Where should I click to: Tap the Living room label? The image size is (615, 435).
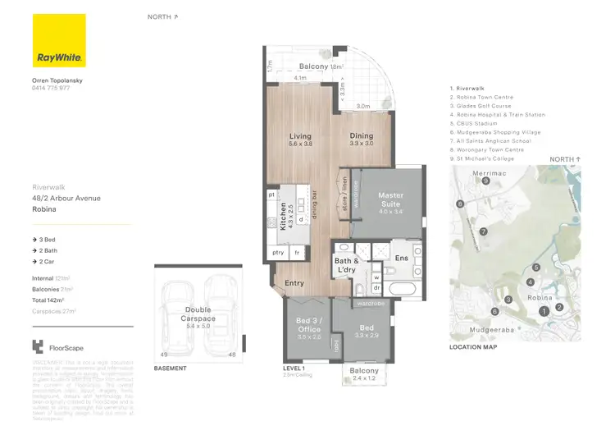(x=300, y=136)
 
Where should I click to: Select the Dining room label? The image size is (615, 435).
(x=361, y=136)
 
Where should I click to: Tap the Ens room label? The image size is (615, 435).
(x=401, y=258)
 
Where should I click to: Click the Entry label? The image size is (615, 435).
(x=294, y=283)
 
